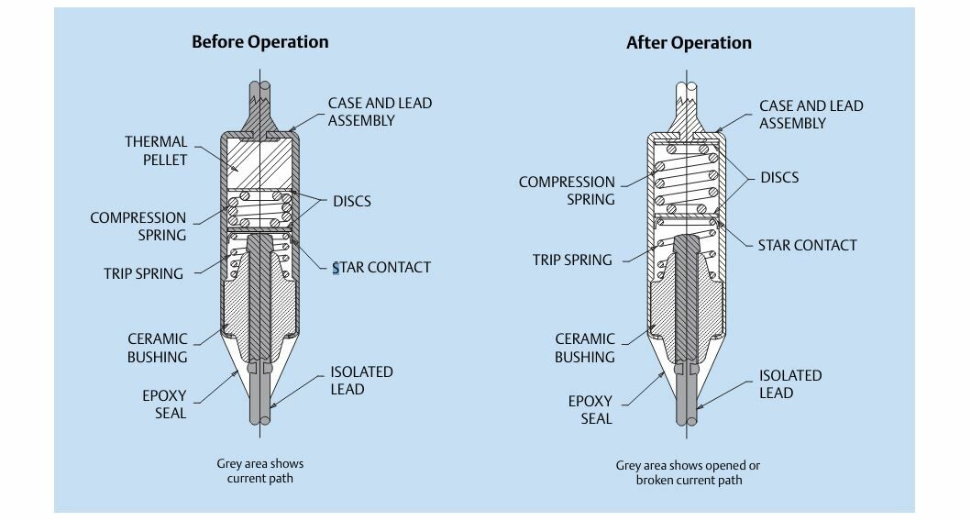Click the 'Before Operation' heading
[259, 41]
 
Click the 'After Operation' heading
[689, 43]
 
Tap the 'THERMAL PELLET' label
[156, 150]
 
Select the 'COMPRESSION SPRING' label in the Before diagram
[138, 227]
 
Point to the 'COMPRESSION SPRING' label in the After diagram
[567, 190]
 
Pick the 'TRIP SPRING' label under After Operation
[572, 260]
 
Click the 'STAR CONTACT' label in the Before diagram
[381, 267]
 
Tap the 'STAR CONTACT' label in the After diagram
[807, 245]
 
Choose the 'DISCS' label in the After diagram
[779, 177]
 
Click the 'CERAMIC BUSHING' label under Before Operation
[157, 348]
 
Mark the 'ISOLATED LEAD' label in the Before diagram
[361, 381]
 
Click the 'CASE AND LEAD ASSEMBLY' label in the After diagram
[811, 115]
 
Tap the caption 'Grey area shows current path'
[259, 471]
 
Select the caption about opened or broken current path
[688, 472]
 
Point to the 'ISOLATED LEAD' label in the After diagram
[790, 384]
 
